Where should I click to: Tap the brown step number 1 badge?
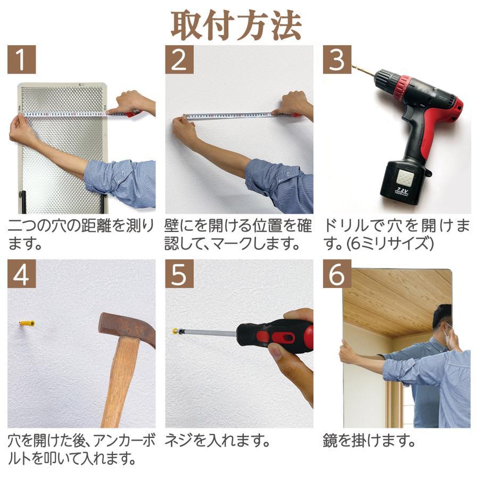(22, 60)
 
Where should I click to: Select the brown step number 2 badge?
(179, 60)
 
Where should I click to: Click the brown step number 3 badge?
(337, 60)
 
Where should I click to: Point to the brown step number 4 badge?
(22, 274)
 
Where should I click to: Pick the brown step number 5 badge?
(179, 274)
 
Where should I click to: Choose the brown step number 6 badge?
(337, 274)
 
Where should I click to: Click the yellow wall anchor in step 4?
(27, 324)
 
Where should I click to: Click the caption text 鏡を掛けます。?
(368, 441)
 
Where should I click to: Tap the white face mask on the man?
(448, 337)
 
